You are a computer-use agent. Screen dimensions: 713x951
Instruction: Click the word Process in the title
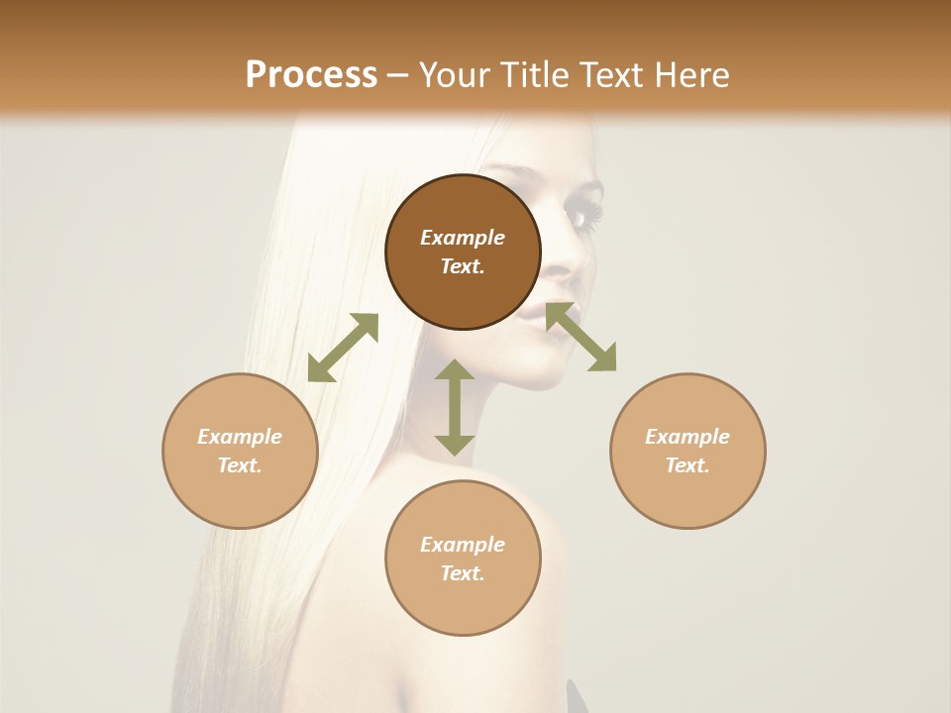(311, 75)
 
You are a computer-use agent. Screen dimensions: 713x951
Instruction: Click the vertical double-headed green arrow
(455, 407)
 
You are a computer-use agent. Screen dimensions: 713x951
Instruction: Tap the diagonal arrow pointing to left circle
(343, 348)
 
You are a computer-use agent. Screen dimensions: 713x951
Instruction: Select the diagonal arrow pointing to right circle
(581, 337)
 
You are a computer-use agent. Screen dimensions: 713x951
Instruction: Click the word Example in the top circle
(463, 238)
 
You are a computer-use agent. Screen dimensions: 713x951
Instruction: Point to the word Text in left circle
(240, 465)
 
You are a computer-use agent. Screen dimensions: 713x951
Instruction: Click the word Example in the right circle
(687, 437)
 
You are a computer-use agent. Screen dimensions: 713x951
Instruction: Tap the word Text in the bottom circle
(463, 573)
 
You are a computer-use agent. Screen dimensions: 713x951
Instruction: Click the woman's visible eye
(581, 215)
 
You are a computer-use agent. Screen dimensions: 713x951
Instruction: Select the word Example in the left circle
(240, 437)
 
